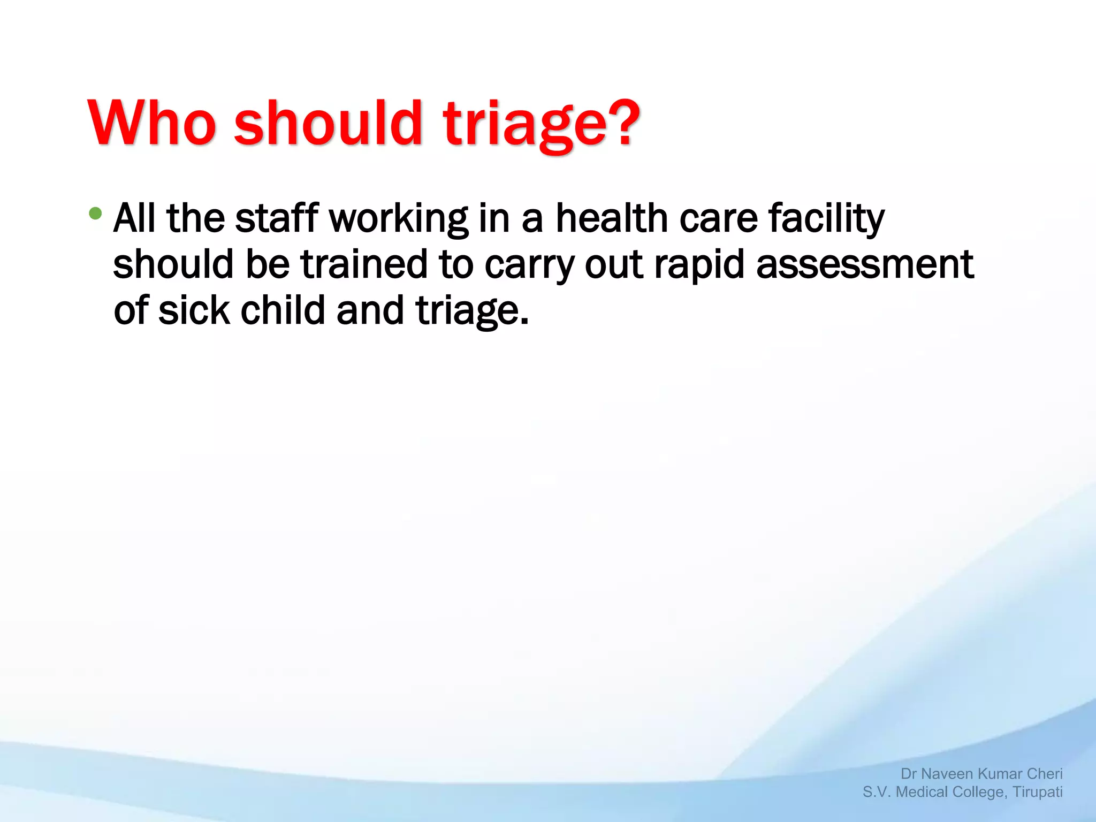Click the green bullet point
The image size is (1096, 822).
(x=95, y=214)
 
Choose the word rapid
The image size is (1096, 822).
(x=699, y=265)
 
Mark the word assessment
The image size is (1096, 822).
(x=865, y=264)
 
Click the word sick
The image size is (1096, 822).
(x=194, y=310)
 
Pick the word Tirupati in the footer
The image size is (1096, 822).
(x=1038, y=792)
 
